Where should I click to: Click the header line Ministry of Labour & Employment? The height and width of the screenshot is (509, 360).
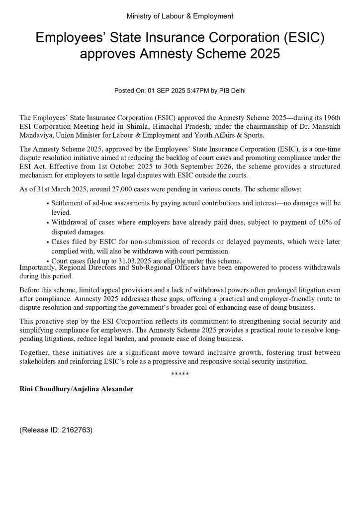click(180, 16)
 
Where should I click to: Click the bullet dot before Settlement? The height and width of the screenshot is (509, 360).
click(47, 203)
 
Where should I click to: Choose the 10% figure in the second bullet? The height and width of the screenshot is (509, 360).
click(325, 222)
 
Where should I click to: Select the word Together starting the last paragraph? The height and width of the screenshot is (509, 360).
click(35, 353)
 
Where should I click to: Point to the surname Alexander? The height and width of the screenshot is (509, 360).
click(115, 389)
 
